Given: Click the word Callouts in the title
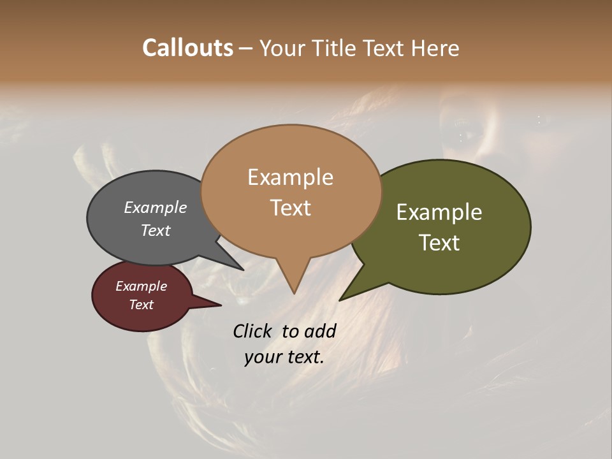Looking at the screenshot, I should point(187,48).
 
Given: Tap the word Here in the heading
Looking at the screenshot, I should point(434,48).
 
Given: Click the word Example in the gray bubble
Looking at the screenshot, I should point(156,207).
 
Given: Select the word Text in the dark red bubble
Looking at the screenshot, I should point(142,305).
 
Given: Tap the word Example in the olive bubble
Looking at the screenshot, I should point(439,212).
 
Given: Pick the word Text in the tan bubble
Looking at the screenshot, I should point(291,208).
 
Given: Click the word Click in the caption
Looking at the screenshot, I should point(253,330).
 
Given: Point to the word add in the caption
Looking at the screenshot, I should point(320,330).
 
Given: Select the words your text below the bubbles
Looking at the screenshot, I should point(284,357).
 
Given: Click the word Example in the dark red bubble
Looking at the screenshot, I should point(142,286).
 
